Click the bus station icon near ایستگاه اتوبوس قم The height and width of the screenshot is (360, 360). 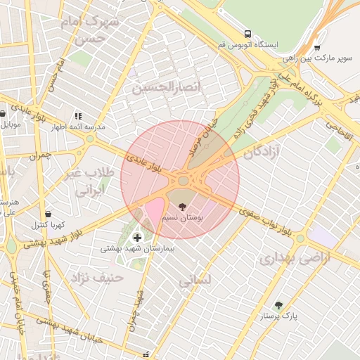click(x=247, y=33)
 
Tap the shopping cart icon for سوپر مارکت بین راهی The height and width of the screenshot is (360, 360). click(x=317, y=48)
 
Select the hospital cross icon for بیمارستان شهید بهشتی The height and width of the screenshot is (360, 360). click(x=136, y=236)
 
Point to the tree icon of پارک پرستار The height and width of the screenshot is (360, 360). click(x=278, y=305)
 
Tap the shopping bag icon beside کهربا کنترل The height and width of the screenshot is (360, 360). click(x=48, y=214)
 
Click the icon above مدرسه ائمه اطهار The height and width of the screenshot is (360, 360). click(x=78, y=115)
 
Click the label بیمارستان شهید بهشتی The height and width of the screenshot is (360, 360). click(x=137, y=248)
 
